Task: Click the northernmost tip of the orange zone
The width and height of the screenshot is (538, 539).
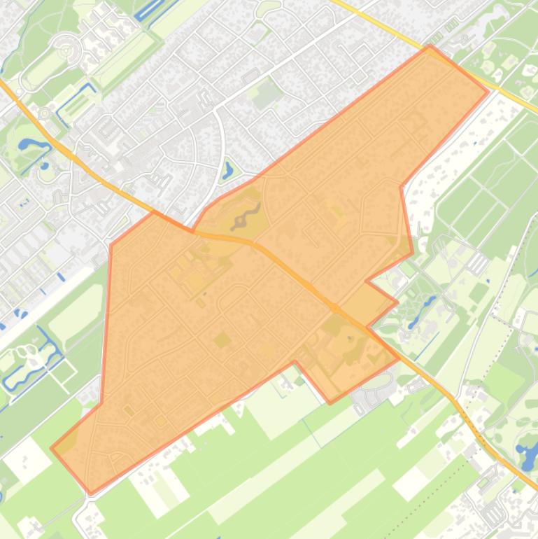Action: [430, 45]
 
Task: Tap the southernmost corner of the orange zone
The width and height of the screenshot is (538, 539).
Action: [90, 493]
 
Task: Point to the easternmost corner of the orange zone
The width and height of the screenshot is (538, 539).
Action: [488, 91]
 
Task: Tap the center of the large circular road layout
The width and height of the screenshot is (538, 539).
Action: [67, 50]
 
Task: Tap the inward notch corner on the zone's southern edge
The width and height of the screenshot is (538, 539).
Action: [295, 362]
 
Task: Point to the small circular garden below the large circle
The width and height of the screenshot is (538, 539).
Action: [45, 112]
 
